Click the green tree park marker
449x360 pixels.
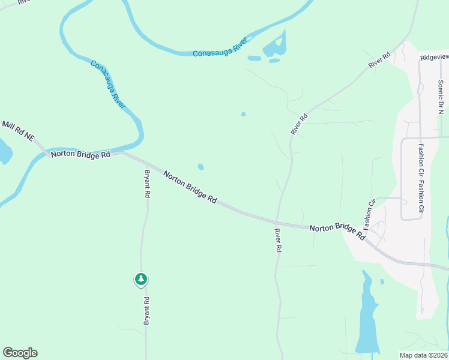point(140,279)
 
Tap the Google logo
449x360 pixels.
point(20,353)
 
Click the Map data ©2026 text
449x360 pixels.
point(423,355)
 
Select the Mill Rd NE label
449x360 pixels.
point(17,131)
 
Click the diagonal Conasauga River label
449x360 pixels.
point(108,84)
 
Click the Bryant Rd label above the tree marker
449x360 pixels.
point(147,184)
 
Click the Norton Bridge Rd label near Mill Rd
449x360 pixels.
point(81,154)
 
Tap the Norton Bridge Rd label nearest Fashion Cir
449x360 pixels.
point(337,232)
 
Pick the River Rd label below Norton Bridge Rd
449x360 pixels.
point(278,240)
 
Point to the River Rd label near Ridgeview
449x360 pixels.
point(380,60)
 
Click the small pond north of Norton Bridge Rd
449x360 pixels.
point(200,167)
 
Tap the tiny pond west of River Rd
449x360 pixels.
point(243,114)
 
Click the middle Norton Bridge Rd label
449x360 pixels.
point(190,187)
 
